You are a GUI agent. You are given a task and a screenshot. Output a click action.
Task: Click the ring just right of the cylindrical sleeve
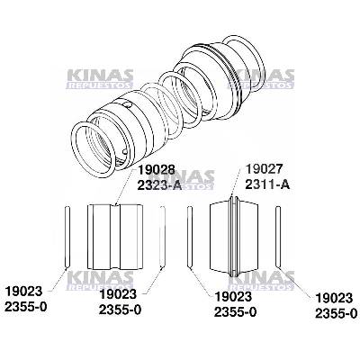coord(160,236)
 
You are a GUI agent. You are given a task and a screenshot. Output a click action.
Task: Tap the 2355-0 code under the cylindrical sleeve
coord(121,310)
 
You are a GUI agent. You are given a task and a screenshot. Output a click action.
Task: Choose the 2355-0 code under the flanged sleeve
coord(237,311)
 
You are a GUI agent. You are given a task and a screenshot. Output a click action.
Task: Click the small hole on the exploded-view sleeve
coord(132,103)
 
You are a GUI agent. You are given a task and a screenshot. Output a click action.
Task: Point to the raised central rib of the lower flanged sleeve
coord(234,235)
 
